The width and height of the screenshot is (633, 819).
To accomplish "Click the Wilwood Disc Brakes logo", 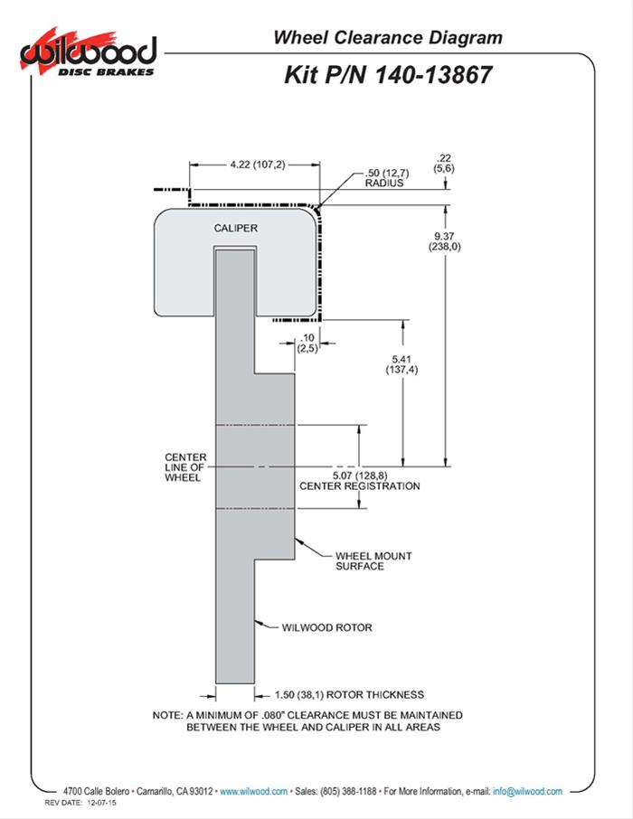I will [86, 53].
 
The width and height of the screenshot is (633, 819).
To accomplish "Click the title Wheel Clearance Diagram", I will [388, 38].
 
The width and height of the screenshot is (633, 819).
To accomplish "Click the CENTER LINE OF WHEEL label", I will [186, 467].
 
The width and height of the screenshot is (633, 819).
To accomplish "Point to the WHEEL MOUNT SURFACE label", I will [359, 560].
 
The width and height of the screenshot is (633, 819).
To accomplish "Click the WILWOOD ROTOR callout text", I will [326, 626].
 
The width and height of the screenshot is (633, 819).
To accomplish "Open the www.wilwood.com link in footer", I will [253, 791].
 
